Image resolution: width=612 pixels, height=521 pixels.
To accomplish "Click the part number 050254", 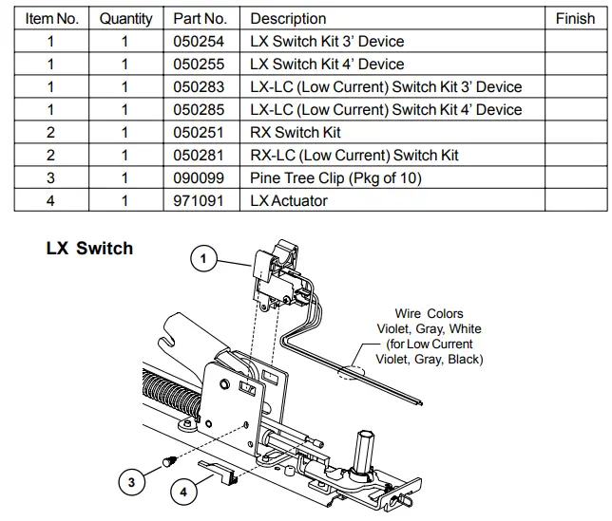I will click(x=201, y=42).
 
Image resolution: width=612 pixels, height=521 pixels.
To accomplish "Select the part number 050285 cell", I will click(x=201, y=110).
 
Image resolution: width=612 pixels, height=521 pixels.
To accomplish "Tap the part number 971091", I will click(x=201, y=200).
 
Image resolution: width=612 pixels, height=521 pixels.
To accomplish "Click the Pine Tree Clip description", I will click(x=335, y=178).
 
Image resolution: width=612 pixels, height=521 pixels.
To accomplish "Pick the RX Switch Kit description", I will click(x=296, y=133).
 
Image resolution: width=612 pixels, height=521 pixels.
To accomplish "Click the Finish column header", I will click(x=574, y=19).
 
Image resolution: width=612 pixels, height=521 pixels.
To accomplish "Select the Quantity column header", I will click(x=125, y=19).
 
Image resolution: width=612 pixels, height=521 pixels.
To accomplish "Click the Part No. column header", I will click(x=201, y=19).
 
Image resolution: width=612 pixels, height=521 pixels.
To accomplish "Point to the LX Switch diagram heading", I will click(x=89, y=250).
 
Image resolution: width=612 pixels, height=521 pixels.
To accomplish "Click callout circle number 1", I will click(x=203, y=256).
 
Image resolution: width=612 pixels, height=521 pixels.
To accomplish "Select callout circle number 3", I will click(x=132, y=482).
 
